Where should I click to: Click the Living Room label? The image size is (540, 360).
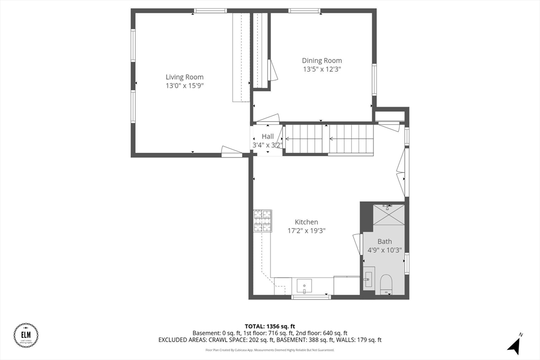coord(185,77)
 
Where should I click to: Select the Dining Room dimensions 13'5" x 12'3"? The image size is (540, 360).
coord(322,69)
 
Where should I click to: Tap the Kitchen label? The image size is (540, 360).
coord(306,222)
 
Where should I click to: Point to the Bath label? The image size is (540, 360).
coord(384,241)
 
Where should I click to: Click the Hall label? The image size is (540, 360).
coord(267,137)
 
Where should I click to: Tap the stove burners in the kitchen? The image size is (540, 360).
coord(263,221)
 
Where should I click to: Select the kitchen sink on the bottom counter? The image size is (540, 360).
coord(304,286)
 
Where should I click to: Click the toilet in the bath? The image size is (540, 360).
coord(387,283)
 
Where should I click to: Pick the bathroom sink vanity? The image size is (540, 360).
coord(369,279)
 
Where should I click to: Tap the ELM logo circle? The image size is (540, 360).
coord(26,336)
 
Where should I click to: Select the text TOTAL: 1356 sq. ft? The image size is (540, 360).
coord(269,326)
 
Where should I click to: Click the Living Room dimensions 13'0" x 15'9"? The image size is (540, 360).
coord(185,85)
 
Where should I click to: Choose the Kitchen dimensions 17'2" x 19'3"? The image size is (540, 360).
coord(306,230)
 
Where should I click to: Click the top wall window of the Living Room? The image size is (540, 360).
coord(210,11)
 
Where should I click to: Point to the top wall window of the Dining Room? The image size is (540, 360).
coord(304,11)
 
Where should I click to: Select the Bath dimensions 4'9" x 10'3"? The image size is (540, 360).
coord(384,250)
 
